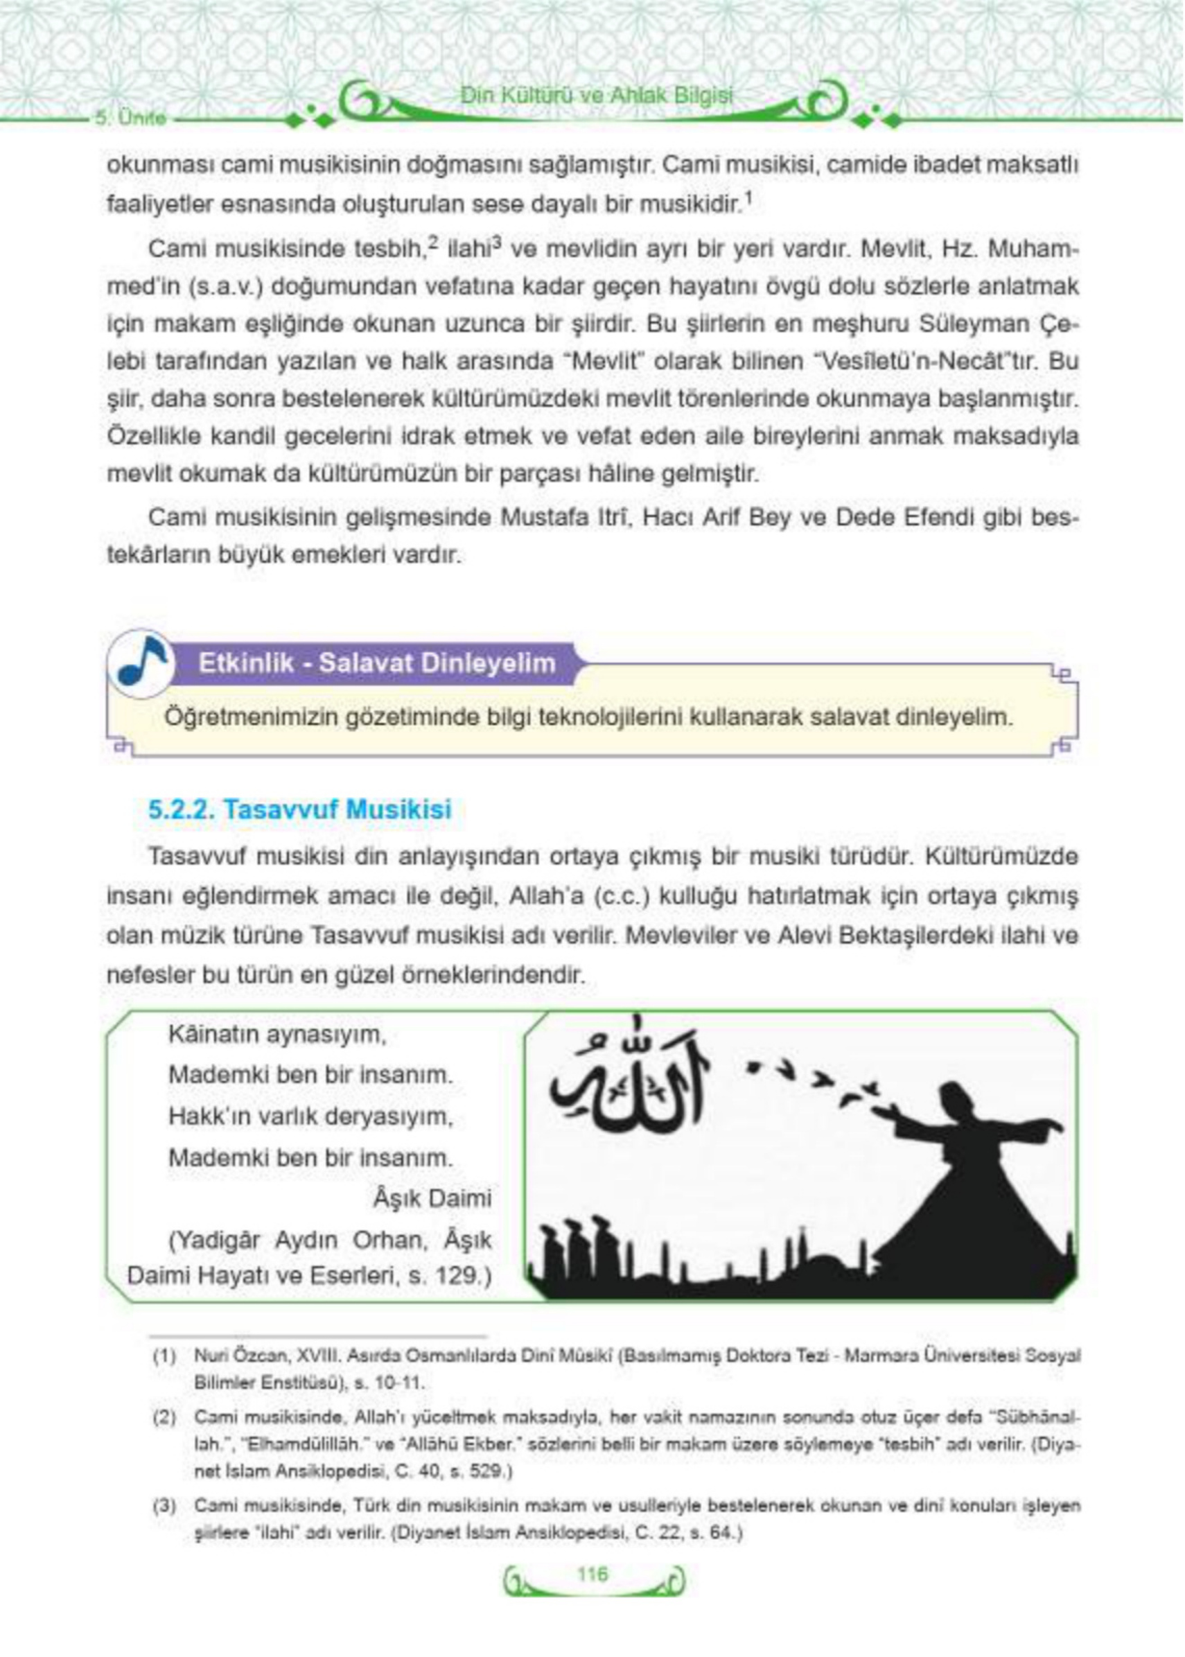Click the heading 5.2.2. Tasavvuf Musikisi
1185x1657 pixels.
coord(300,809)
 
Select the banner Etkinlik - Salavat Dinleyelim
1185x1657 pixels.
coord(376,663)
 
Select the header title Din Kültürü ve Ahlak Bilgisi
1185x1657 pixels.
coord(595,95)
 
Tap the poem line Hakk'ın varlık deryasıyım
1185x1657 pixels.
coord(306,1118)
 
